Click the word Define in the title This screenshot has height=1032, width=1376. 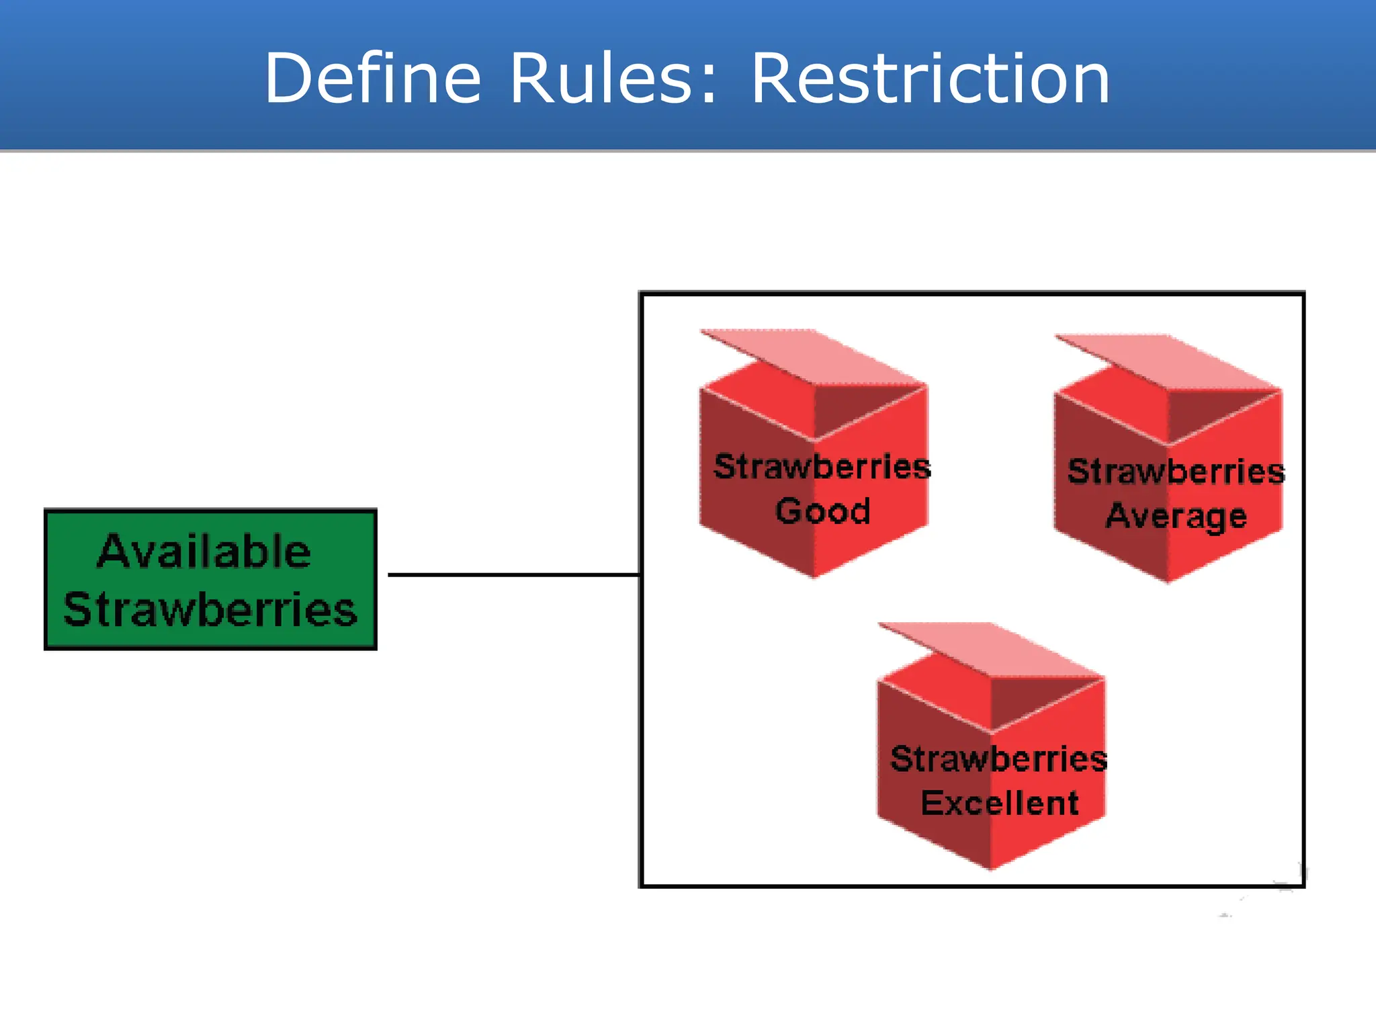373,79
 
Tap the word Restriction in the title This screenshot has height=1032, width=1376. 930,79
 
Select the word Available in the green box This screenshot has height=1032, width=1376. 204,552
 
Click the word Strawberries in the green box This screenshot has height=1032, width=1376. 210,609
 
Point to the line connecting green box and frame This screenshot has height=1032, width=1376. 514,574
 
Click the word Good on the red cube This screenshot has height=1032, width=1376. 822,511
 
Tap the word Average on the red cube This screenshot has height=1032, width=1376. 1176,516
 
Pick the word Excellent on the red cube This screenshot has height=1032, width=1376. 1000,803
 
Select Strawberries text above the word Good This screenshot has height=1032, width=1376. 822,466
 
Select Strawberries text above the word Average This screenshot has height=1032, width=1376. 1176,471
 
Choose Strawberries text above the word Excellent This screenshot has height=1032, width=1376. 999,759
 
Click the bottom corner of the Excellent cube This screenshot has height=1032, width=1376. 991,867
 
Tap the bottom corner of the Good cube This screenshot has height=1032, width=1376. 814,574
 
